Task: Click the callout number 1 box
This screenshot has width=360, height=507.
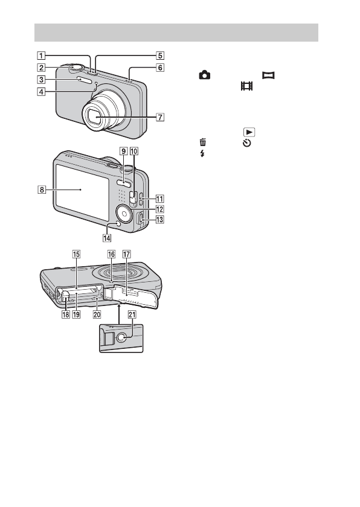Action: tap(41, 56)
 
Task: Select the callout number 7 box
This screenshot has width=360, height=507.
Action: tap(160, 116)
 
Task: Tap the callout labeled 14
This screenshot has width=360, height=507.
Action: tap(107, 238)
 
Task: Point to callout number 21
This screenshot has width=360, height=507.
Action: tap(132, 314)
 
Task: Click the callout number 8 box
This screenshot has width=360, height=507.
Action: tap(42, 190)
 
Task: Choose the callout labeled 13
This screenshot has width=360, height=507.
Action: tap(160, 220)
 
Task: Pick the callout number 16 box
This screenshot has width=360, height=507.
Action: tap(111, 254)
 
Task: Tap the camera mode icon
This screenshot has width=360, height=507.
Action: tap(204, 75)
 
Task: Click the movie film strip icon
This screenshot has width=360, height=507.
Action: tap(246, 86)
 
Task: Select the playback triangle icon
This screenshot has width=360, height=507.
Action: tap(249, 132)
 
